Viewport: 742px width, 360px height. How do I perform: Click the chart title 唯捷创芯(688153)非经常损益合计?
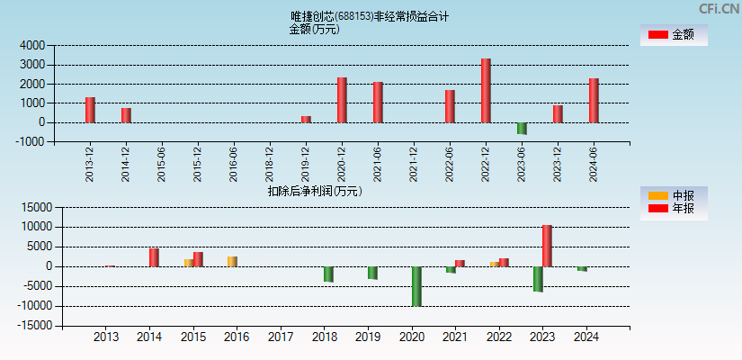[x=370, y=16]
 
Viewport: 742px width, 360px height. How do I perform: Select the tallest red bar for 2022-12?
[x=486, y=90]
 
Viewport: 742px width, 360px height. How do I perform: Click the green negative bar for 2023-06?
[x=522, y=129]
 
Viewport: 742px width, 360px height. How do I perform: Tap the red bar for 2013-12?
[x=90, y=110]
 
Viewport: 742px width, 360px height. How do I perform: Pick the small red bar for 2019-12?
[x=306, y=119]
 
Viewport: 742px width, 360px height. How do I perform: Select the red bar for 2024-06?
[x=594, y=100]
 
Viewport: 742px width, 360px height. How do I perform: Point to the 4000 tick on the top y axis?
[x=33, y=45]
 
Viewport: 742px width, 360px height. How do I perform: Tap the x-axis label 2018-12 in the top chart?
[x=270, y=166]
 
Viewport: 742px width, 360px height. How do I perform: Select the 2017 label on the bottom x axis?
[x=281, y=337]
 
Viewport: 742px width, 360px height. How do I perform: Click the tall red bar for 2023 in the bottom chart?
[x=547, y=246]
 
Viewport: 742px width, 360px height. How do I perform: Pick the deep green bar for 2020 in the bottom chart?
[x=416, y=286]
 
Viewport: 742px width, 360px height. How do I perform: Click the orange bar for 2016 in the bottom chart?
[x=232, y=262]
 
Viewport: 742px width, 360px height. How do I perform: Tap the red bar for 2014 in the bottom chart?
[x=154, y=257]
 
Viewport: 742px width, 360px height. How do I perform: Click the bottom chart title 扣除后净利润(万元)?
[x=314, y=191]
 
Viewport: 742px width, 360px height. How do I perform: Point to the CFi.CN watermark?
[x=719, y=9]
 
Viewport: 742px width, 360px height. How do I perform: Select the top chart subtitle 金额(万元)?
[x=314, y=29]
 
